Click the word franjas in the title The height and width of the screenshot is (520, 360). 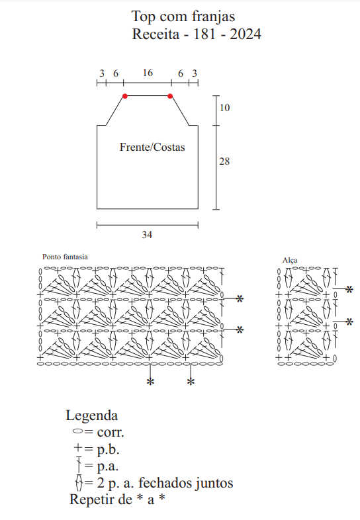[x=214, y=17]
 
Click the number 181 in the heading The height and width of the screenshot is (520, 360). [x=204, y=34]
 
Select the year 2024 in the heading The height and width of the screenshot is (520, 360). [x=246, y=34]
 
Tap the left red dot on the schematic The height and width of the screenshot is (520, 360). [x=125, y=96]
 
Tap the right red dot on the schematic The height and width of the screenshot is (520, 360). [x=170, y=96]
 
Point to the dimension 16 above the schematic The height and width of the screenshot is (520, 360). [x=148, y=73]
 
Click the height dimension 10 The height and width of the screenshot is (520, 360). [x=224, y=107]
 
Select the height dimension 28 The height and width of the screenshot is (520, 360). [x=224, y=161]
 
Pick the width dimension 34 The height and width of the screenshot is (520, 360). [x=147, y=235]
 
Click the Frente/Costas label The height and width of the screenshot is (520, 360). [x=152, y=147]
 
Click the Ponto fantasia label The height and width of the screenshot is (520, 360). [x=65, y=257]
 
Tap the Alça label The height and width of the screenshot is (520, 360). [x=290, y=261]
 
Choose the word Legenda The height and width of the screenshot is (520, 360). [x=92, y=415]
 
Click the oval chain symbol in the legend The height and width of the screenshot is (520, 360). [x=78, y=431]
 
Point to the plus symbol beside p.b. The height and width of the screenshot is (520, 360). [x=78, y=448]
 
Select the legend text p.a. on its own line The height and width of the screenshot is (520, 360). [x=108, y=466]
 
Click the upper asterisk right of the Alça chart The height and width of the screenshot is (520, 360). [x=349, y=290]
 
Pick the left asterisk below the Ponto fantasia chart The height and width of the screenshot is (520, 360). [x=151, y=382]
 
